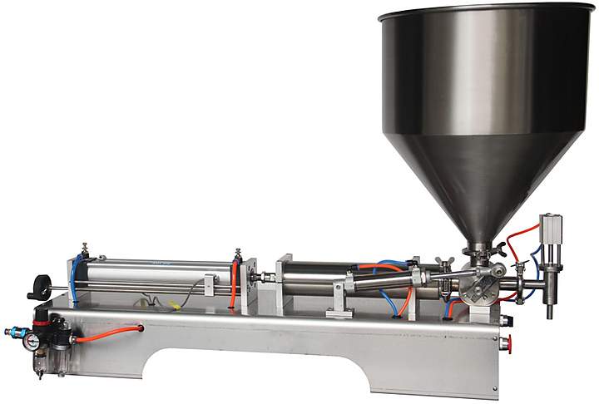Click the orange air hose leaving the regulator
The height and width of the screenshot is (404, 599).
(x=108, y=330)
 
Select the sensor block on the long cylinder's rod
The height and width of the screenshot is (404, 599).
(x=209, y=285)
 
